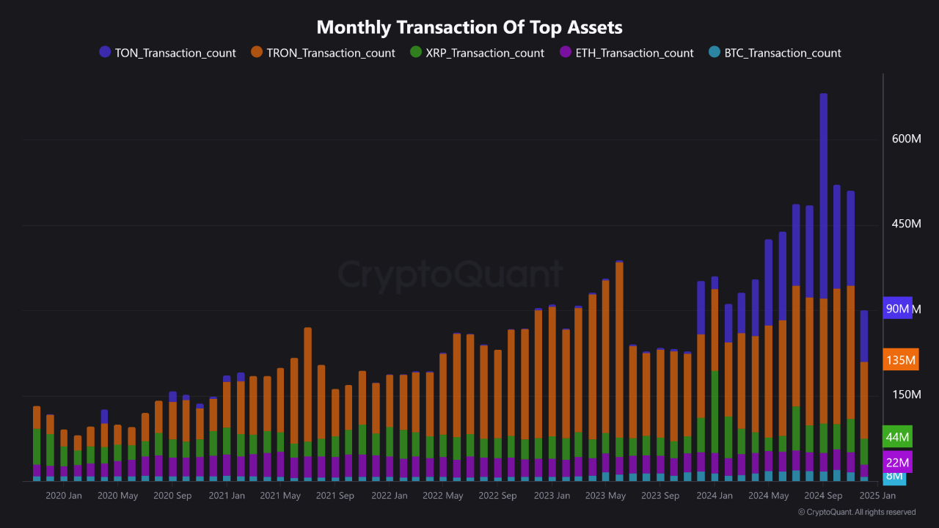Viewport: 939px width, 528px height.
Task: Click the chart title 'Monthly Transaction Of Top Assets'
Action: (469, 28)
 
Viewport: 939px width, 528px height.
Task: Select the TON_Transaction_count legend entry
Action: (168, 53)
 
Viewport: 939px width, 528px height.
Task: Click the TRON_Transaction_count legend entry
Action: (323, 53)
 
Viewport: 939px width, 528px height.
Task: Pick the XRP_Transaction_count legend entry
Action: (477, 53)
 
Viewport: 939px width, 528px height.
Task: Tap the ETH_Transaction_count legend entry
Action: (626, 53)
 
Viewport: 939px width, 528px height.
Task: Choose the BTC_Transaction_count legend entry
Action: (775, 53)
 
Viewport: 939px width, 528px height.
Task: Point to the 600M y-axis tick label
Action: (906, 139)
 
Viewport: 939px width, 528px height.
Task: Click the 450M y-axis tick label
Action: (906, 224)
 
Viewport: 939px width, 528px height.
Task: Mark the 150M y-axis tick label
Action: (906, 395)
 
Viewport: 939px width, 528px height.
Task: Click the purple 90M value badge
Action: (898, 309)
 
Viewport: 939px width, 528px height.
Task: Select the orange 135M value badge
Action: (901, 360)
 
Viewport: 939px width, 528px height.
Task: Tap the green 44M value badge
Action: (898, 437)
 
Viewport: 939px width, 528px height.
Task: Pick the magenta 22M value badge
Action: (898, 463)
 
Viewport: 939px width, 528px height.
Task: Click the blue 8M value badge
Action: (894, 477)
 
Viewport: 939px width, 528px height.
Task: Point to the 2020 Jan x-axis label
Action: (64, 496)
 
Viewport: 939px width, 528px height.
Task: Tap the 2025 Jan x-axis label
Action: (877, 496)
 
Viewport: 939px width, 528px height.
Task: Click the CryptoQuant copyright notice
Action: (856, 513)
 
